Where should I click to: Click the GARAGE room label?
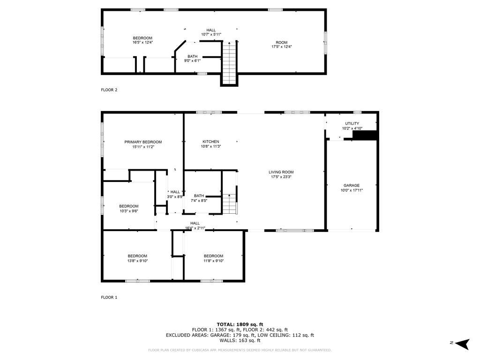coord(352,185)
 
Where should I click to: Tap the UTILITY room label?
coord(352,123)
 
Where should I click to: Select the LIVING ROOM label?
coord(281,172)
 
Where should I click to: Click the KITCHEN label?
coord(210,142)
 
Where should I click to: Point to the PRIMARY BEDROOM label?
coord(143,142)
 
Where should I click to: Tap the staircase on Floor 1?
coord(228,203)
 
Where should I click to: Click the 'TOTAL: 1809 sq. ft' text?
coord(240,324)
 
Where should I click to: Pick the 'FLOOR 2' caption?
coord(109,90)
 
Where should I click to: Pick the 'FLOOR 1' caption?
coord(109,297)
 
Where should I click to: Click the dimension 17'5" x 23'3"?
coord(281,177)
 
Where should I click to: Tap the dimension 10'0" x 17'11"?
coord(352,190)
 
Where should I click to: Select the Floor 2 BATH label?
coord(192,56)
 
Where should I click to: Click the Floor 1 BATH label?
coord(199,196)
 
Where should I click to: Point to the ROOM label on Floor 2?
coord(281,43)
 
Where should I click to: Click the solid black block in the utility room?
coord(365,135)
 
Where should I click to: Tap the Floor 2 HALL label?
coord(211,30)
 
